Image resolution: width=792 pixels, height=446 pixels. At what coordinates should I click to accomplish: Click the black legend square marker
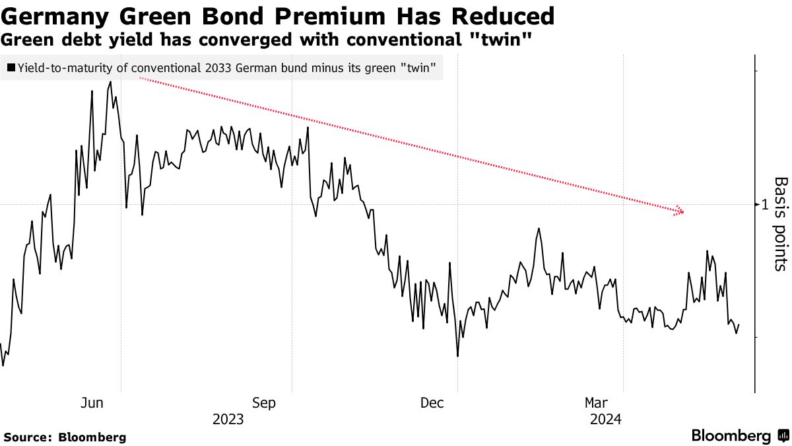pyautogui.click(x=11, y=67)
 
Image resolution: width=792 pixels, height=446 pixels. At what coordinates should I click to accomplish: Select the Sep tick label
pyautogui.click(x=264, y=403)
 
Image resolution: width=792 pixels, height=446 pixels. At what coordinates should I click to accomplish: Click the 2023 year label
pyautogui.click(x=228, y=420)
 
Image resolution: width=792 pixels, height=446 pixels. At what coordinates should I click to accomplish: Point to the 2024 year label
pyautogui.click(x=605, y=420)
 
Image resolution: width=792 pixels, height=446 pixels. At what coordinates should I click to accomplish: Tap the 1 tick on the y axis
pyautogui.click(x=764, y=205)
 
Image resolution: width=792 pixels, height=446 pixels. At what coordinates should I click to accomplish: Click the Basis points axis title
pyautogui.click(x=780, y=224)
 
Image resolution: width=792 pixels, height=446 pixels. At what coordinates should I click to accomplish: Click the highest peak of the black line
pyautogui.click(x=110, y=82)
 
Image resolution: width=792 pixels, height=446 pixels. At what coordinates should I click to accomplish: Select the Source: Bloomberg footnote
pyautogui.click(x=65, y=437)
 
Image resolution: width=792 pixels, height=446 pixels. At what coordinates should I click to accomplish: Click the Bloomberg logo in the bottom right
pyautogui.click(x=740, y=436)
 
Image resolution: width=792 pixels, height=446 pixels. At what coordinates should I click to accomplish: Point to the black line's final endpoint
pyautogui.click(x=739, y=324)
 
